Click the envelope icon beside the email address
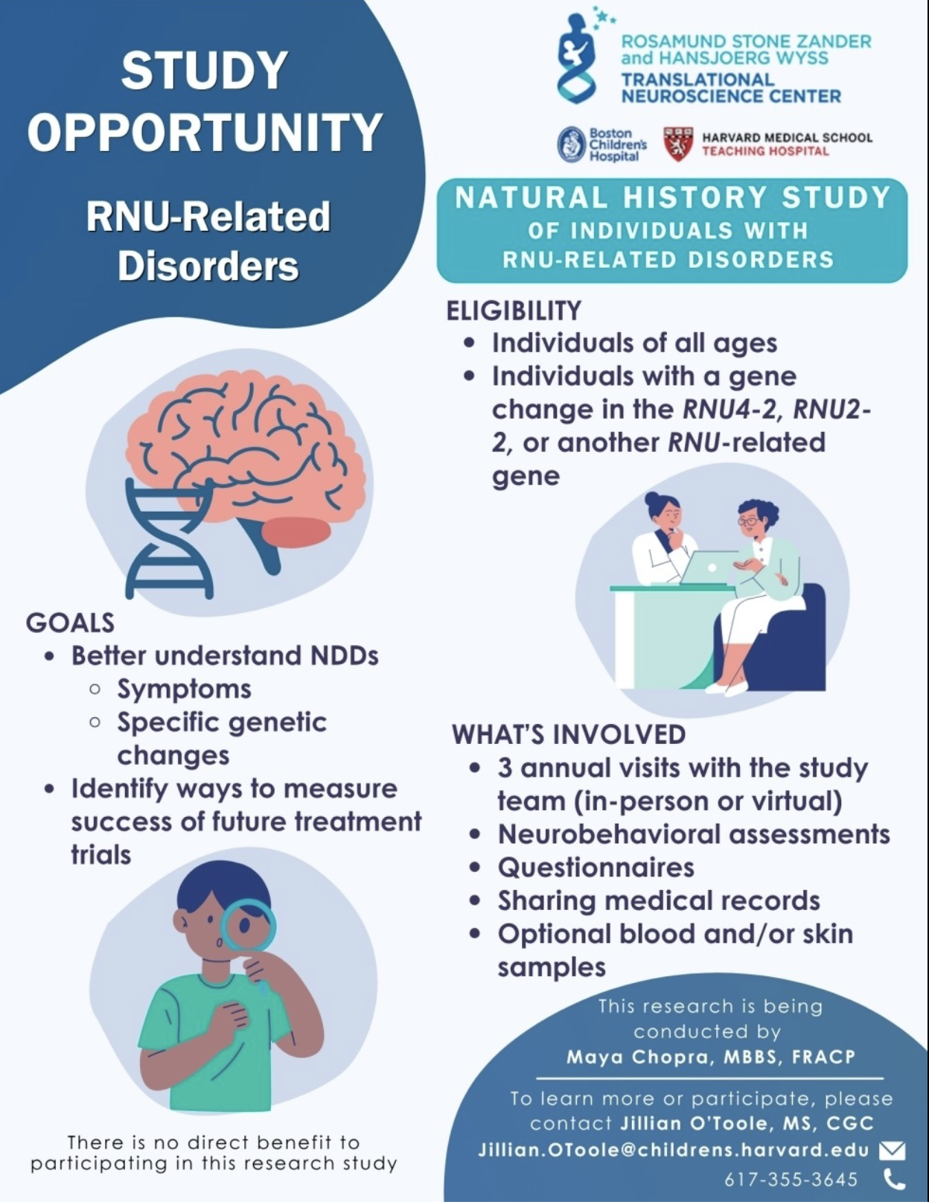point(893,1151)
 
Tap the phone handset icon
point(893,1179)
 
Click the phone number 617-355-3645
point(791,1180)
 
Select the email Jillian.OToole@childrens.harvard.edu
point(674,1150)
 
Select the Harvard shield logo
point(677,144)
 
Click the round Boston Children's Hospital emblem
point(572,144)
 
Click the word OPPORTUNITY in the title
point(205,132)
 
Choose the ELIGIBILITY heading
point(514,311)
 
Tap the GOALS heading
point(70,623)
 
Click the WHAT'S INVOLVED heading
point(569,734)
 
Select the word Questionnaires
point(596,867)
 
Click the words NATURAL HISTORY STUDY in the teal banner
point(672,197)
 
